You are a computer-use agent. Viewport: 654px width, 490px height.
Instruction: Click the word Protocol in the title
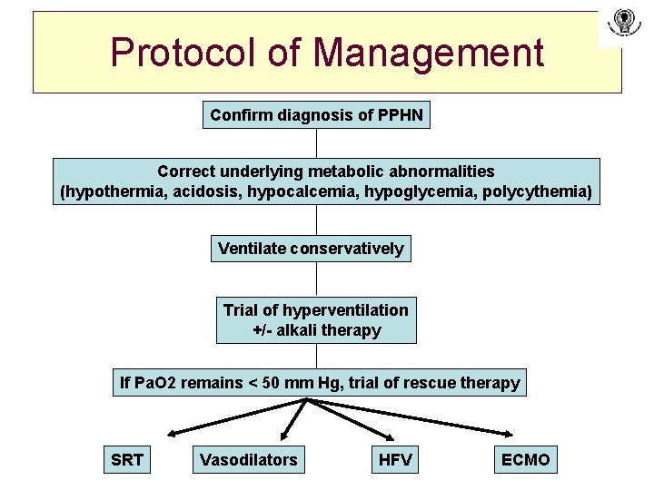click(x=182, y=53)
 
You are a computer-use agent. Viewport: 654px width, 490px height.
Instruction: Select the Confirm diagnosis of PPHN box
click(x=316, y=115)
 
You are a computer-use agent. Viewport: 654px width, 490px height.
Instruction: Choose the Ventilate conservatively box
click(x=311, y=248)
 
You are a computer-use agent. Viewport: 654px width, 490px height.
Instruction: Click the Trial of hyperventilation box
click(x=316, y=320)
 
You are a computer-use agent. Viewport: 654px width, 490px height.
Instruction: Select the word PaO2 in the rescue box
click(x=155, y=383)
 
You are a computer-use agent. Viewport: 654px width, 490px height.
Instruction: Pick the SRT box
click(x=127, y=460)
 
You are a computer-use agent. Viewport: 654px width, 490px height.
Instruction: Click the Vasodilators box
click(x=248, y=460)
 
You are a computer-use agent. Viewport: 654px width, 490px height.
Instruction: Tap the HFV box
click(x=395, y=460)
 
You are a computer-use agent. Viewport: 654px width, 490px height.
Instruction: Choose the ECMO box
click(x=526, y=460)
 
